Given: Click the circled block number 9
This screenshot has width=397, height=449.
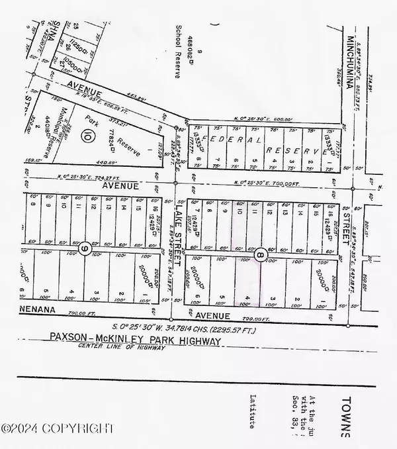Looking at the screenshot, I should (x=86, y=248).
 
